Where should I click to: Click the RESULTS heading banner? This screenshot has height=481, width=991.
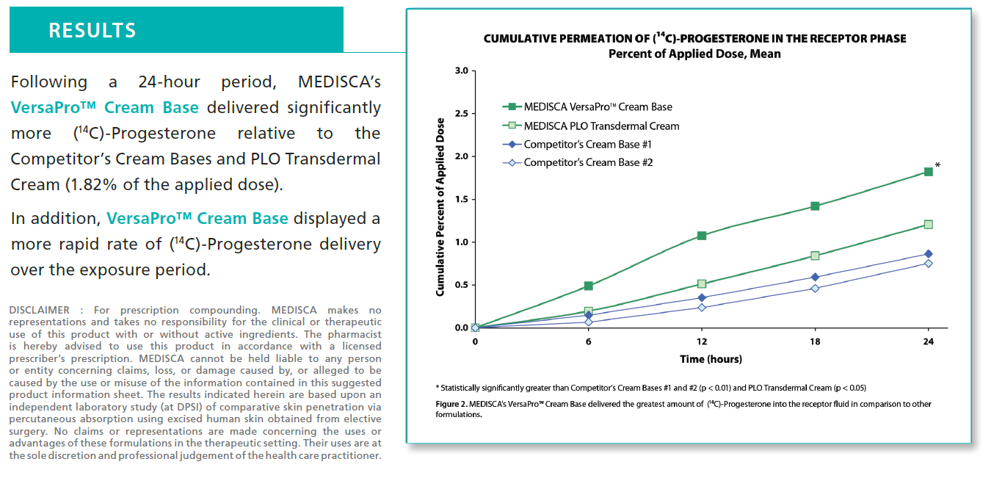tap(92, 30)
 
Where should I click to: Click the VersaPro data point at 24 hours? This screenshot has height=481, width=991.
tap(928, 172)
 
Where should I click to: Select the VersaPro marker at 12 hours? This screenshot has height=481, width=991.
tap(702, 236)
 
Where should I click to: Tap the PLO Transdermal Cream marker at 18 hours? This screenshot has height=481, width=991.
tap(815, 256)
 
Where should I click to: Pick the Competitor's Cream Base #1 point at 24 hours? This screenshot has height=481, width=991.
tap(928, 254)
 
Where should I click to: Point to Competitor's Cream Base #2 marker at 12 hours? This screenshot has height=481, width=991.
tap(702, 307)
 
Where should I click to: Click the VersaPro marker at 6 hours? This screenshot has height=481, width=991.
tap(589, 286)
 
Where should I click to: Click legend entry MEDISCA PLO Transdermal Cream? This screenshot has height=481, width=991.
tap(601, 126)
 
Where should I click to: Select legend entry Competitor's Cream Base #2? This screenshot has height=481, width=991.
tap(588, 162)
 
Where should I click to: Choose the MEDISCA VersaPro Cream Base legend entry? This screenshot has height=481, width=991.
tap(598, 107)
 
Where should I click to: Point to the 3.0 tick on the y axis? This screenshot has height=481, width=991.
tap(461, 70)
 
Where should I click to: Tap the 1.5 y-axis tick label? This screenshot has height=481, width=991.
tap(461, 199)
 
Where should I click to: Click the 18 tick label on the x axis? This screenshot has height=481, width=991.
tap(815, 341)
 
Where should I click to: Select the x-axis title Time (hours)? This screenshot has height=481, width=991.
tap(711, 359)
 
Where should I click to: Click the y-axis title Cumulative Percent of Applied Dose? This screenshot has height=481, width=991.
tap(440, 206)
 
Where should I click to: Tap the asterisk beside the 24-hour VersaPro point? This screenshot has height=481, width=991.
tap(937, 166)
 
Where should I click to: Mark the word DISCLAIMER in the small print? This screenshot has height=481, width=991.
tap(39, 310)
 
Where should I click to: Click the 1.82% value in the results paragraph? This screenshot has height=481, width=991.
tap(88, 184)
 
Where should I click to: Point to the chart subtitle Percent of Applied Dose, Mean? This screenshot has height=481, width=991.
tap(694, 54)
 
